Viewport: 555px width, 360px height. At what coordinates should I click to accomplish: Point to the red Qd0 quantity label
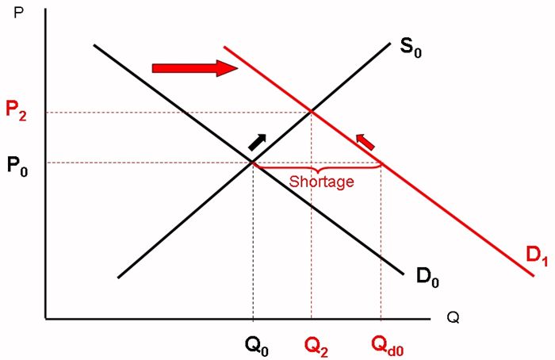388,346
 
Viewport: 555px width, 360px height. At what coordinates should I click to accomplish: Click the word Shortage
321,182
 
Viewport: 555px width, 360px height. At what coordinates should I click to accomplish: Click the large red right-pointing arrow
195,68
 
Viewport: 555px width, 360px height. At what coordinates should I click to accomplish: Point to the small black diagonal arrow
258,141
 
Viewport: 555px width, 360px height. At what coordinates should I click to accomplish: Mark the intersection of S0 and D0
253,163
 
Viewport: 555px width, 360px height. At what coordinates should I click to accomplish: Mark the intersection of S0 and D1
311,112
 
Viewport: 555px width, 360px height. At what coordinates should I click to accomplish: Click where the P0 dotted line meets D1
381,164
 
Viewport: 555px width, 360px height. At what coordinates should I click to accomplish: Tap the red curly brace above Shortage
317,169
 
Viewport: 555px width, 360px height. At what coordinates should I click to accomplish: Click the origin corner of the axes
45,319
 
